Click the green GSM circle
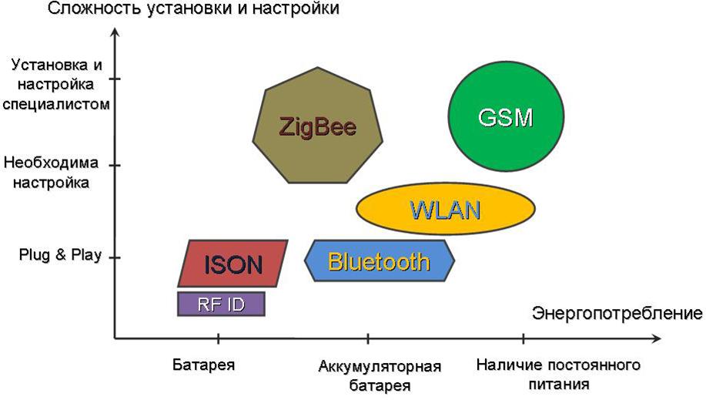click(506, 118)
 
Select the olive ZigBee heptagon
click(317, 126)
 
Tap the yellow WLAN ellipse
click(446, 209)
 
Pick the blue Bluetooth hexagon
click(380, 261)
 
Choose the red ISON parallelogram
click(233, 264)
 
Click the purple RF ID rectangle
click(221, 304)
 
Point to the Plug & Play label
click(60, 255)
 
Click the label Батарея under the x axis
click(203, 365)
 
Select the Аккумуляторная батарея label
click(380, 375)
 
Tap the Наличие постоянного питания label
click(558, 375)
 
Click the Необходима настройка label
click(51, 173)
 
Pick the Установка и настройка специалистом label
click(56, 84)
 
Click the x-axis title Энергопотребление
click(617, 313)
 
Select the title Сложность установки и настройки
click(193, 8)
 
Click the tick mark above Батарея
click(219, 338)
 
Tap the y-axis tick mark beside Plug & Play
click(115, 257)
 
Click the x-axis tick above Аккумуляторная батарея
click(368, 338)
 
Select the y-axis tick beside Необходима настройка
click(115, 166)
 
